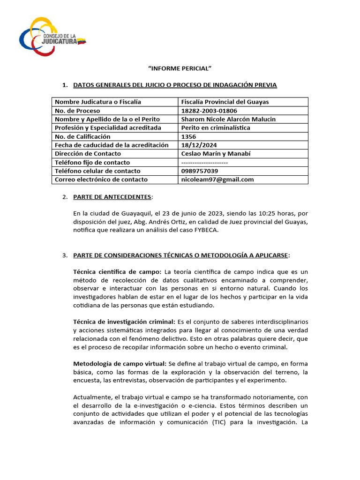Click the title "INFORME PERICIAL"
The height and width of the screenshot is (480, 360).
(180, 68)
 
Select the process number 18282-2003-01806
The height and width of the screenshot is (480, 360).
(209, 111)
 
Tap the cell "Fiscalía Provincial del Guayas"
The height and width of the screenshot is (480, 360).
(225, 102)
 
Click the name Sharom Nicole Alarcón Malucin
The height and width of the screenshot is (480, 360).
(228, 119)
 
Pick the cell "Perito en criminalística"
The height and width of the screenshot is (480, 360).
(216, 127)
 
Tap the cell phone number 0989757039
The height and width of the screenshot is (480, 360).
(200, 171)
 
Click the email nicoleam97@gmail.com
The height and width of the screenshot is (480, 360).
(217, 179)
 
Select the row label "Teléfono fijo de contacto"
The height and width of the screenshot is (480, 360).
(93, 162)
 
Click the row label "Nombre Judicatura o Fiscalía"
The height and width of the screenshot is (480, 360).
(98, 102)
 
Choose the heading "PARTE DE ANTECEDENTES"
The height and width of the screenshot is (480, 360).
(112, 196)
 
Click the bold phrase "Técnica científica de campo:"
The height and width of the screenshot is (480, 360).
(117, 271)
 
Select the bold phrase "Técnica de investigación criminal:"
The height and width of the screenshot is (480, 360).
(124, 322)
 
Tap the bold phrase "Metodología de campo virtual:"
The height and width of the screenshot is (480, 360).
(120, 363)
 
